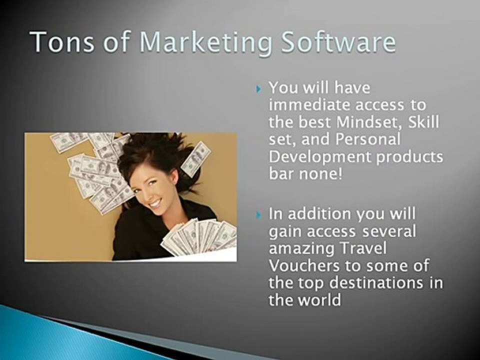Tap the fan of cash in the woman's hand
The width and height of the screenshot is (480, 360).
(x=200, y=237)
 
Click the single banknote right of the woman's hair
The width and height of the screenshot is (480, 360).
(x=196, y=158)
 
